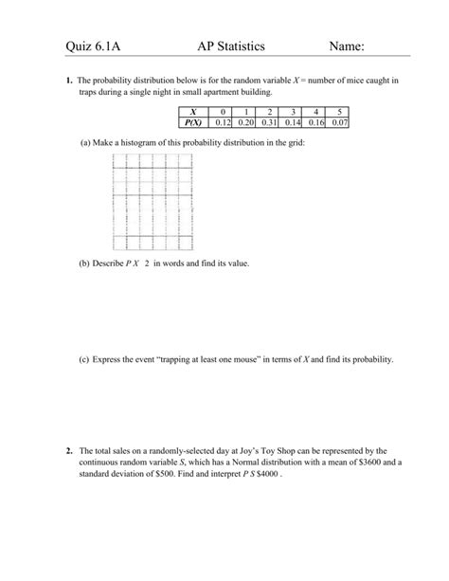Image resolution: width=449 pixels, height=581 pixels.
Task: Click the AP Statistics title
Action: point(231,46)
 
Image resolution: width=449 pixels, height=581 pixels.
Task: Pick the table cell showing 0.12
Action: point(224,122)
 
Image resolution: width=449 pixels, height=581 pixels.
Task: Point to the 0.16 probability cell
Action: point(316,122)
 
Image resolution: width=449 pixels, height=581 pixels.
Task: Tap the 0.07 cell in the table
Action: point(339,122)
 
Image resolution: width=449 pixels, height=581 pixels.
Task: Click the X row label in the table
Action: point(194,112)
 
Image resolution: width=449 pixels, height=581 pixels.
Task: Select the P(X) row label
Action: point(194,122)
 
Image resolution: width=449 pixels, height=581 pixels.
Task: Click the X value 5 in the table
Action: point(339,112)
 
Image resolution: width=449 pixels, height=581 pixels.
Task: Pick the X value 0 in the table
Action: point(224,112)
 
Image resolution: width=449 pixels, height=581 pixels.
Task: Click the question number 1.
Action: point(69,82)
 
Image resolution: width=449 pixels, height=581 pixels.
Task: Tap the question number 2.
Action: point(69,450)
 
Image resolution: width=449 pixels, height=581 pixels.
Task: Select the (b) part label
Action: point(85,263)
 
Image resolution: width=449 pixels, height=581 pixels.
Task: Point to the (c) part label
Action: point(85,360)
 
